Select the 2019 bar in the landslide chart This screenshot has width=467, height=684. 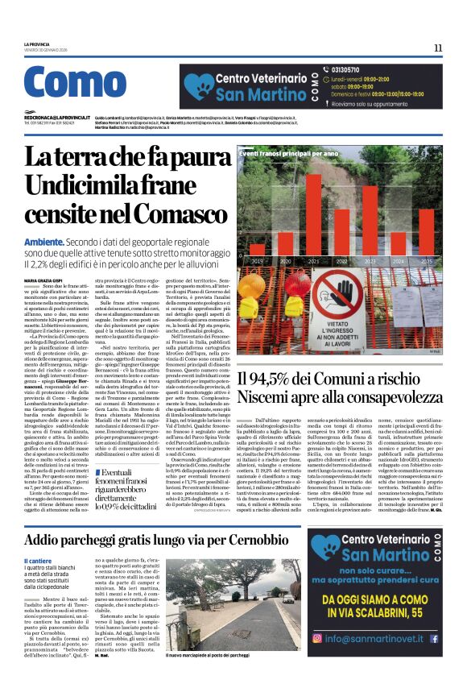pos(258,250)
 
